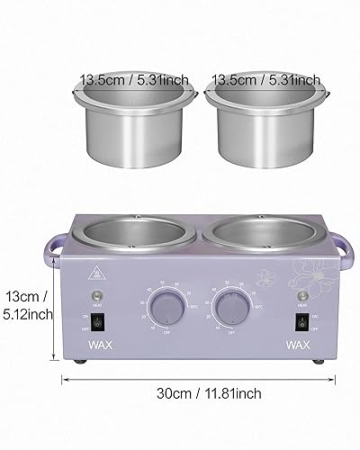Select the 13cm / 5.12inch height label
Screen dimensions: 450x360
[27, 305]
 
